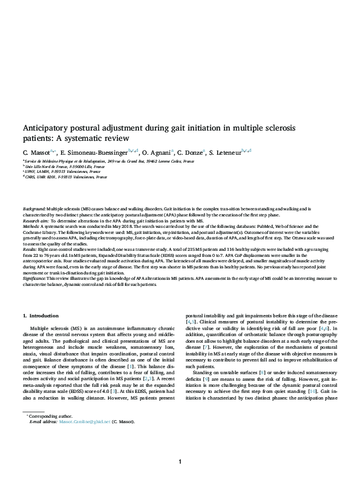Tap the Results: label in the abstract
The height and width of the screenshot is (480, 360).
31,248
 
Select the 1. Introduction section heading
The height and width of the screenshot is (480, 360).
41,316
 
